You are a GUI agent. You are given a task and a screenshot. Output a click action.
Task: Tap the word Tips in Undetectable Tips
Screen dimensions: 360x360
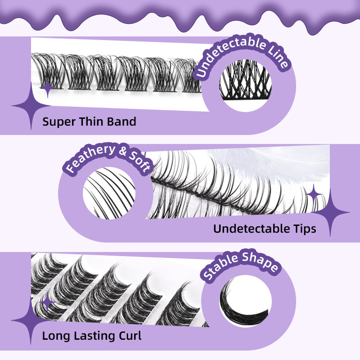pyautogui.click(x=303, y=229)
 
